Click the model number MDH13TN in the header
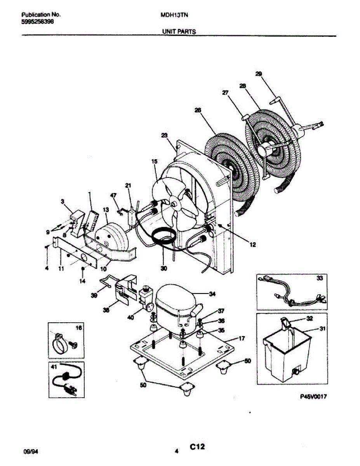[x=172, y=15]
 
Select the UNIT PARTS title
[x=179, y=32]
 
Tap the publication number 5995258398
[x=37, y=22]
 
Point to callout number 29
[x=259, y=74]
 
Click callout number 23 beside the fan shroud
[x=164, y=136]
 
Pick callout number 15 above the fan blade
[x=154, y=161]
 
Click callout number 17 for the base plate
[x=241, y=339]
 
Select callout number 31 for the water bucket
[x=322, y=329]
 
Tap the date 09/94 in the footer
[x=31, y=452]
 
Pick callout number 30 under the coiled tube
[x=163, y=268]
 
